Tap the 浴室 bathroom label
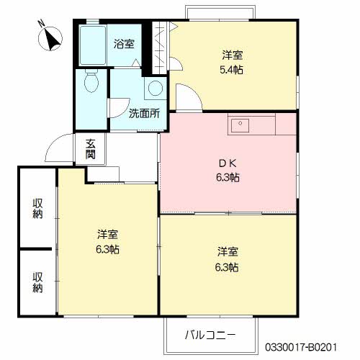coord(124,44)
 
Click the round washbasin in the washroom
coord(155,89)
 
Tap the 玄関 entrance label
coord(91,148)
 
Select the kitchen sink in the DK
coord(240,126)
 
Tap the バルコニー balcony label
coord(210,335)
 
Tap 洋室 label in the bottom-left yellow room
coord(108,235)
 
